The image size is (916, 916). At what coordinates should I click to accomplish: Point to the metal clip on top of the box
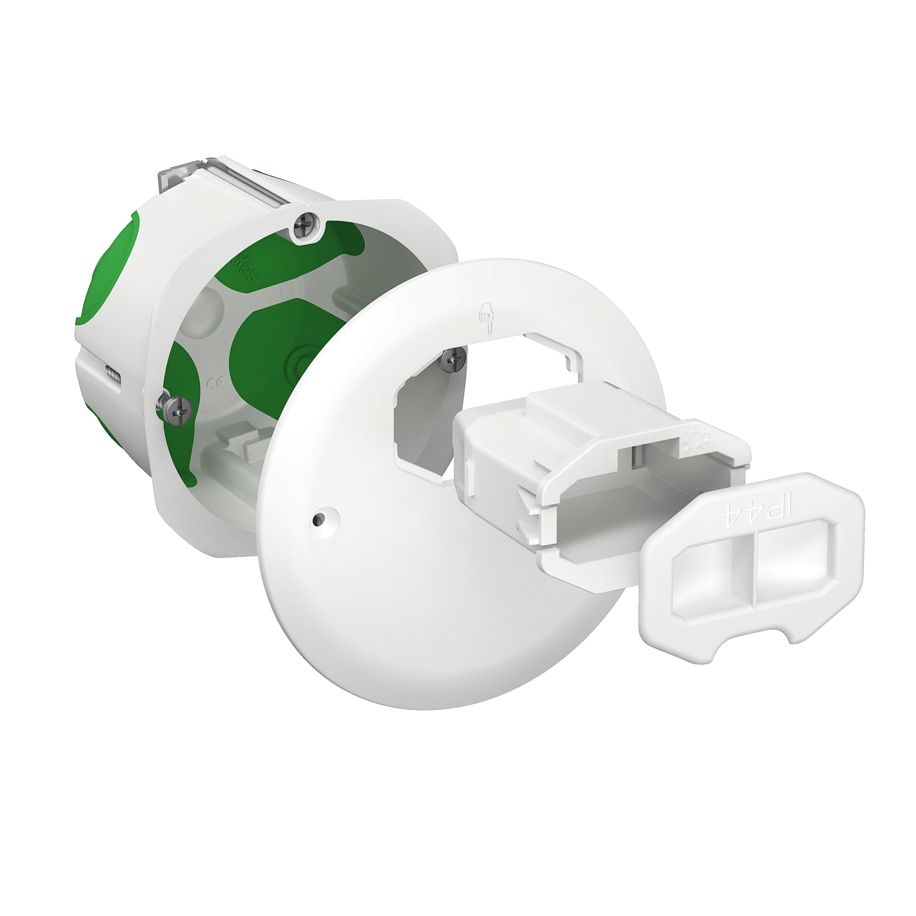tap(218, 183)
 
